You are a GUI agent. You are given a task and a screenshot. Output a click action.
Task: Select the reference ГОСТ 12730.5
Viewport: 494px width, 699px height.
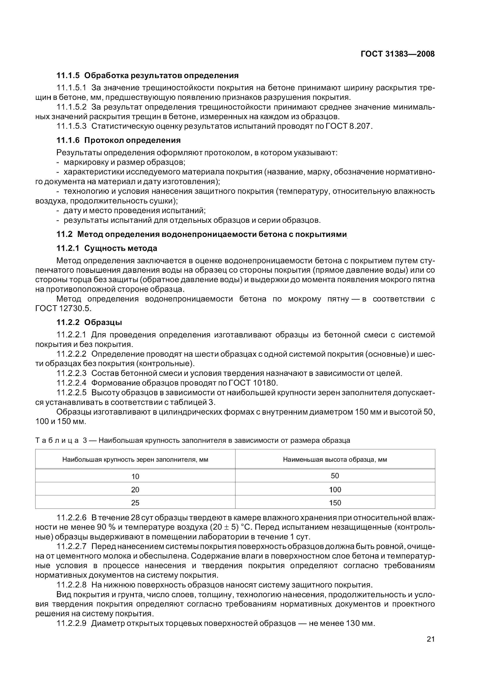click(63, 308)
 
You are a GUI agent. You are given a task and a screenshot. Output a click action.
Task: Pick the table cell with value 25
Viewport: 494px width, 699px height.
click(135, 503)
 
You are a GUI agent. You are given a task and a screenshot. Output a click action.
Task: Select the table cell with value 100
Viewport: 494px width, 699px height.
click(335, 490)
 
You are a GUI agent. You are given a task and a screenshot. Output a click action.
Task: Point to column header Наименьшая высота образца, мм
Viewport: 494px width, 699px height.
click(335, 459)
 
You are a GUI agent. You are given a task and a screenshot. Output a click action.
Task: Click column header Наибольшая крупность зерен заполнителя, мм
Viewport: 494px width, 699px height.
click(135, 459)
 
